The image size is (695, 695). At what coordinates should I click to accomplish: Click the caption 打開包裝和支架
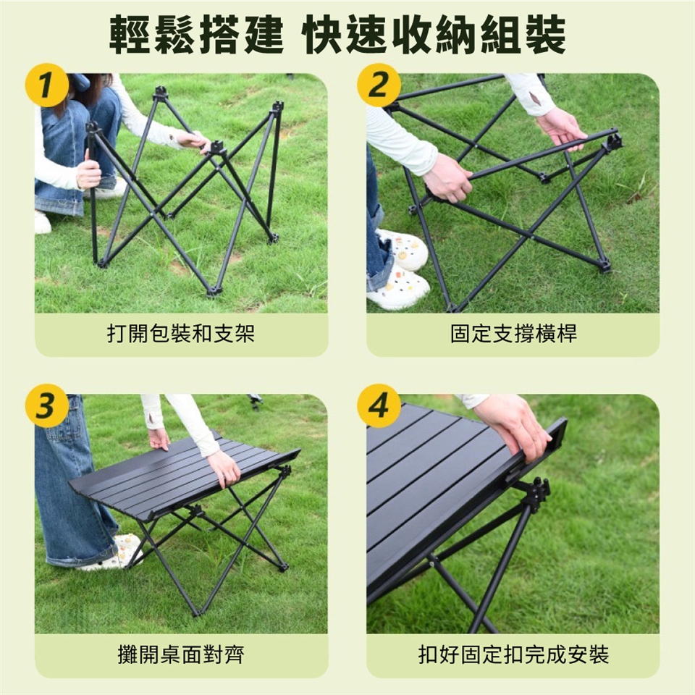pyautogui.click(x=181, y=334)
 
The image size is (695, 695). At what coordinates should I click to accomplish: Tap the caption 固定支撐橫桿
pyautogui.click(x=513, y=334)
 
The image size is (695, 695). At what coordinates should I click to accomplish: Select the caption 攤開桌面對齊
pyautogui.click(x=181, y=654)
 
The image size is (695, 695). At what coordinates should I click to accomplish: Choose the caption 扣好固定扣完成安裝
pyautogui.click(x=513, y=654)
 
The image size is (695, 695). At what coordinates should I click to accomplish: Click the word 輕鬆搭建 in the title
pyautogui.click(x=196, y=35)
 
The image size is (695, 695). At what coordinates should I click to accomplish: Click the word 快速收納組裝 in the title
pyautogui.click(x=435, y=35)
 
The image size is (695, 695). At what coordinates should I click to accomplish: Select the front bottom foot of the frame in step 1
pyautogui.click(x=214, y=292)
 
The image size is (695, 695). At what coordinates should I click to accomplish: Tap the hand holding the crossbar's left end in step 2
pyautogui.click(x=447, y=177)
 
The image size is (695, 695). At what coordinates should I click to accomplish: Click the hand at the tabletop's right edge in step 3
pyautogui.click(x=224, y=468)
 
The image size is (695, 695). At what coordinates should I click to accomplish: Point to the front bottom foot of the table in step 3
pyautogui.click(x=195, y=612)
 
